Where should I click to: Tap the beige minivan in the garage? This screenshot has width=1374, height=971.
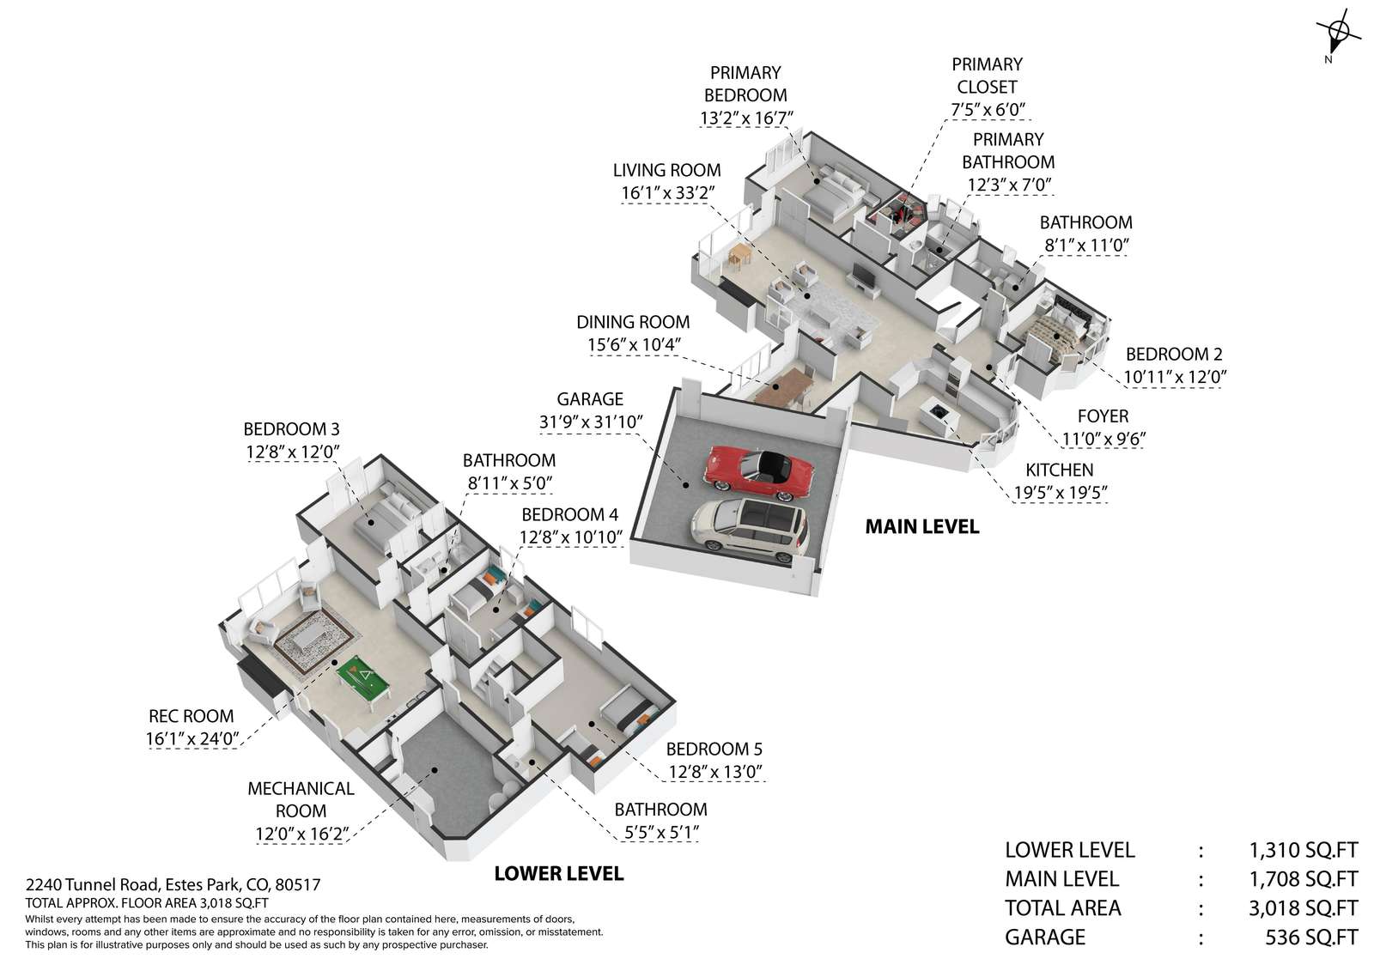[749, 525]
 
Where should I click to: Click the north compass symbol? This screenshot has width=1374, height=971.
[1338, 36]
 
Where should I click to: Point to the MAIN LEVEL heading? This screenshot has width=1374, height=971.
[921, 526]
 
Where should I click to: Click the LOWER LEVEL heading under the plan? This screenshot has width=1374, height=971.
[558, 874]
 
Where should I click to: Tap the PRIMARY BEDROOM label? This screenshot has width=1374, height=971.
[745, 84]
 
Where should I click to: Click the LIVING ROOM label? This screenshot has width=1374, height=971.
[666, 170]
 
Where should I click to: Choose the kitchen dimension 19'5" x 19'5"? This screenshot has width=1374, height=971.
[1059, 492]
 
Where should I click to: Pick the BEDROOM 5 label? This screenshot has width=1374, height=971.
[714, 749]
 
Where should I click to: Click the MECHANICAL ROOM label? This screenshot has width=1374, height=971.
[301, 799]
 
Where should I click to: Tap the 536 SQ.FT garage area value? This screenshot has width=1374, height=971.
[1311, 937]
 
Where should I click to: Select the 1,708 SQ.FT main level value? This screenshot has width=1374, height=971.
[1303, 879]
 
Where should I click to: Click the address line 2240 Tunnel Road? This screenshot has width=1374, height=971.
[173, 884]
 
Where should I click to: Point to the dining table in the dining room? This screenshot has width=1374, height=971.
[784, 385]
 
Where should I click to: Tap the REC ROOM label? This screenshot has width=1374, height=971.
[191, 716]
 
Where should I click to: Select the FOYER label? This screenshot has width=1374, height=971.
[1103, 416]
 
